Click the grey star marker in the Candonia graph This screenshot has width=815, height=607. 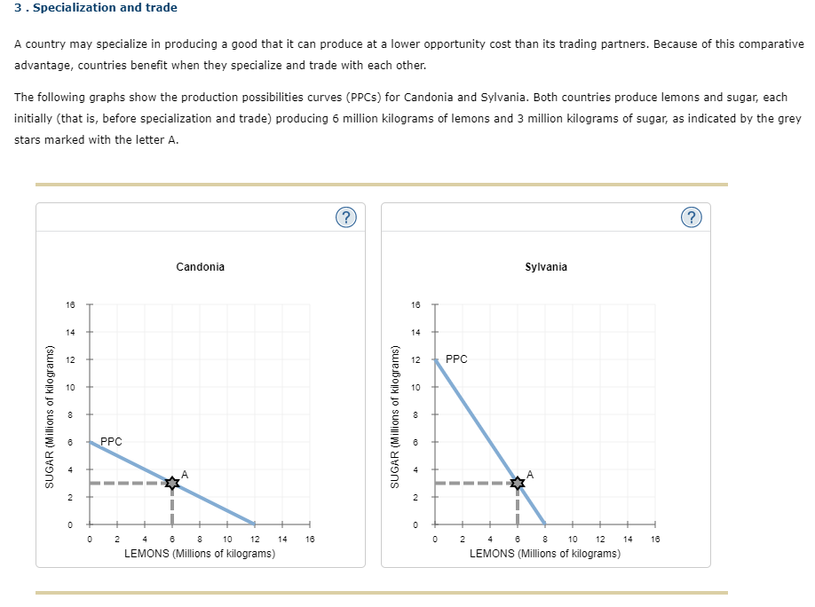point(172,483)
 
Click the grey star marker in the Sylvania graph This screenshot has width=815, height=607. point(518,483)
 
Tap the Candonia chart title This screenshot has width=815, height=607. point(200,266)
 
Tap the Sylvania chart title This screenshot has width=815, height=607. point(546,266)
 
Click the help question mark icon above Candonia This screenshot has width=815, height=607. point(346,217)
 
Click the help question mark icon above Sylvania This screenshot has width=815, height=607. point(692,217)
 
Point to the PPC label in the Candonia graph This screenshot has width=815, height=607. point(111,441)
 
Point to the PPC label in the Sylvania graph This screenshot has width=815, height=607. point(456,359)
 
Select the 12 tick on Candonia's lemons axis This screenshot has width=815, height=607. point(255,539)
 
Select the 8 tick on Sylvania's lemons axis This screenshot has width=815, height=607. point(545,539)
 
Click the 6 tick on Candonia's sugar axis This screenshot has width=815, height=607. point(69,442)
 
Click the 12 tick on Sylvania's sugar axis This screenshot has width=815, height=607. point(415,359)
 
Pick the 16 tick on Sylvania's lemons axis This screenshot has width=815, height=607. point(655,539)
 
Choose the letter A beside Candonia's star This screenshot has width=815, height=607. point(185,475)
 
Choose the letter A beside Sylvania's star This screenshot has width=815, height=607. point(530,475)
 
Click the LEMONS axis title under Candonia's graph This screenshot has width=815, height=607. point(200,554)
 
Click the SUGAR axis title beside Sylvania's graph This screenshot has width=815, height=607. point(395,417)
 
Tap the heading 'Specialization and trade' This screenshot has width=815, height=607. point(105,7)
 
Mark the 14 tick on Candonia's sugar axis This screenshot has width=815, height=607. point(70,332)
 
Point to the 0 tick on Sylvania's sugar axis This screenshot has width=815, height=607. point(415,524)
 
